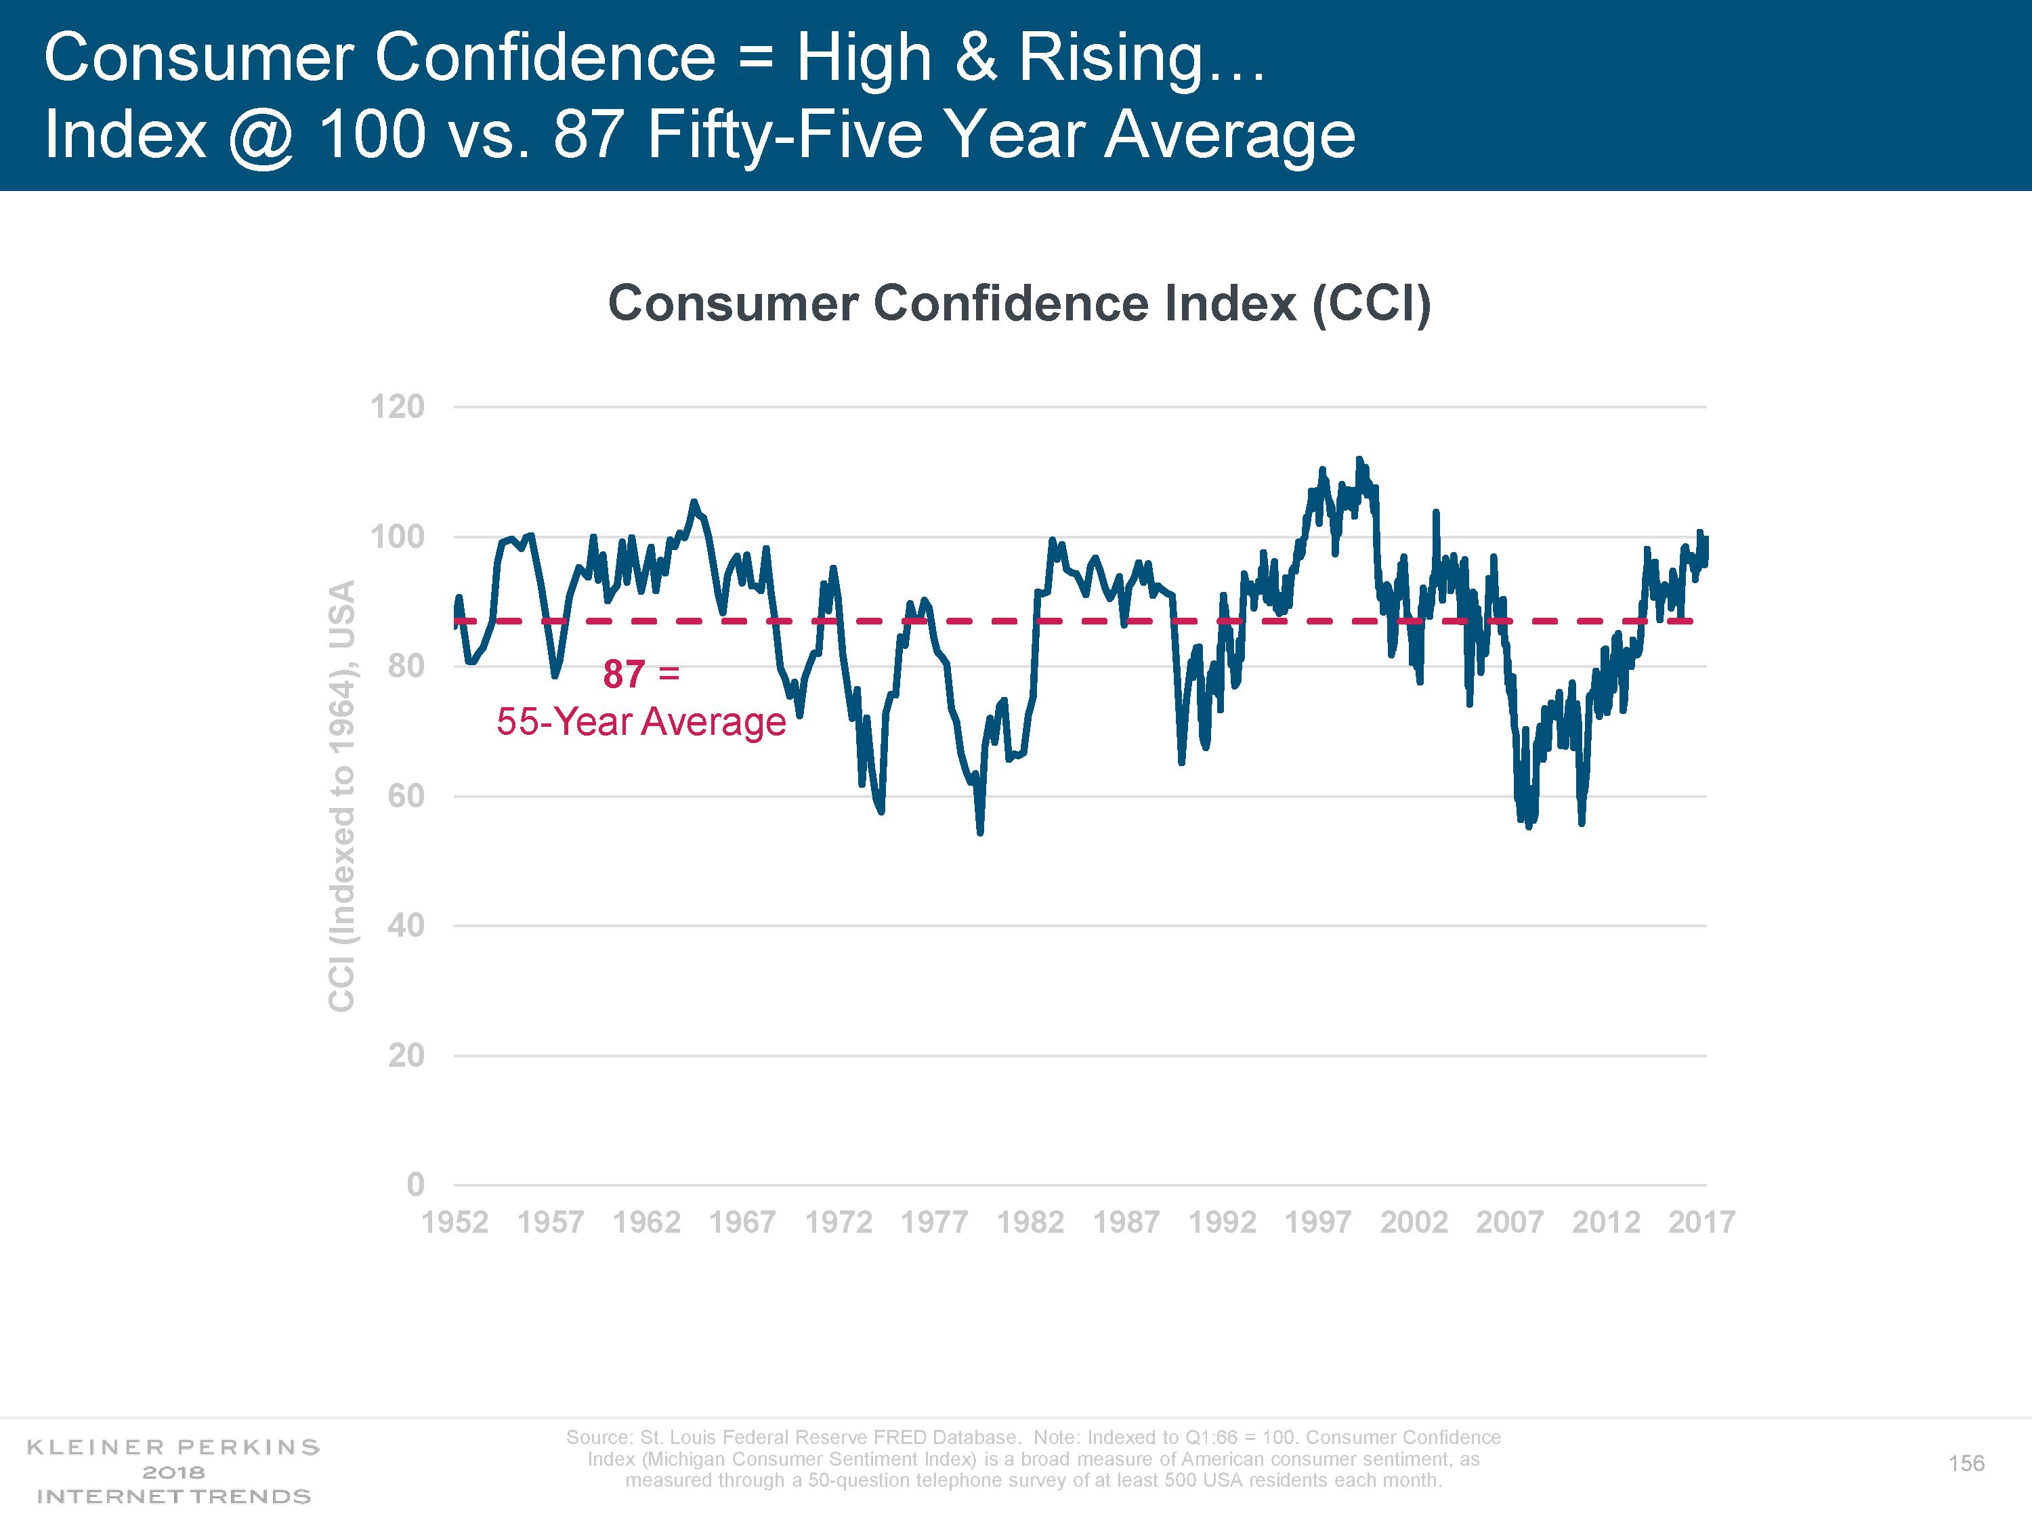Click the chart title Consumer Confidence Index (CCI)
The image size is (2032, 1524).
(x=1019, y=303)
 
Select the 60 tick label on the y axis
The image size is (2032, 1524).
(x=405, y=796)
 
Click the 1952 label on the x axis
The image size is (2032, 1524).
(x=454, y=1222)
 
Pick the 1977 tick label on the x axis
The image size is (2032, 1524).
(x=933, y=1222)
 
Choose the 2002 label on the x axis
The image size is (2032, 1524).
(x=1414, y=1222)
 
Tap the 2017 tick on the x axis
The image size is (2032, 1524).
(x=1701, y=1222)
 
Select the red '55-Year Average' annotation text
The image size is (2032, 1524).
(x=641, y=722)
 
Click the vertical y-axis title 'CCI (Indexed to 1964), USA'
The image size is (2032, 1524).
(x=342, y=796)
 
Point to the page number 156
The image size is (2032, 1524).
(x=1966, y=1463)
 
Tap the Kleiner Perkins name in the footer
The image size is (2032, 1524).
(x=173, y=1447)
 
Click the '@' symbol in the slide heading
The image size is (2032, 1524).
(x=261, y=135)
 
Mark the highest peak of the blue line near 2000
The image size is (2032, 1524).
(x=1359, y=459)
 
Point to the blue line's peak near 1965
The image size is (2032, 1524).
(x=694, y=502)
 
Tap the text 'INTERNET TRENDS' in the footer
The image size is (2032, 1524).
(x=173, y=1496)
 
